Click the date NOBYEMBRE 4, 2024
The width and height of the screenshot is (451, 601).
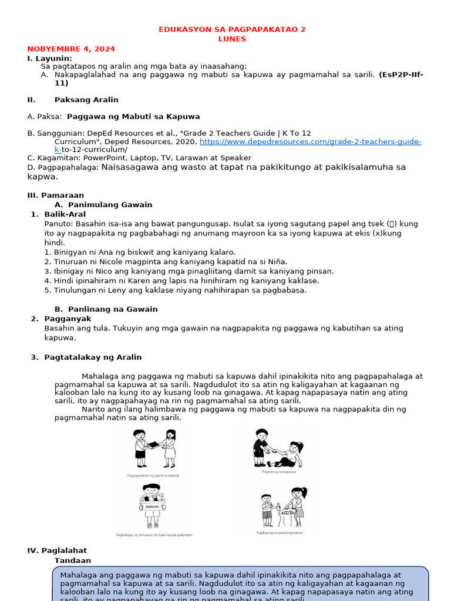(x=71, y=49)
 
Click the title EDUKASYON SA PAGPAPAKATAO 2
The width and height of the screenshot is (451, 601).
(x=233, y=29)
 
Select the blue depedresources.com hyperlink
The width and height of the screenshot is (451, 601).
(x=310, y=141)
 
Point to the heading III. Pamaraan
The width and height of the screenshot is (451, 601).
(x=55, y=195)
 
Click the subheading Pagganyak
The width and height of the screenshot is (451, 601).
(x=68, y=318)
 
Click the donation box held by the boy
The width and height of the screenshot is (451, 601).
(x=152, y=502)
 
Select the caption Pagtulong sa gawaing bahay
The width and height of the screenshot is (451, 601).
(x=280, y=533)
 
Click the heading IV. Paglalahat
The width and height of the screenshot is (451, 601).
(x=57, y=551)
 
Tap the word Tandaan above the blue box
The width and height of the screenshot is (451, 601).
(x=73, y=561)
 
